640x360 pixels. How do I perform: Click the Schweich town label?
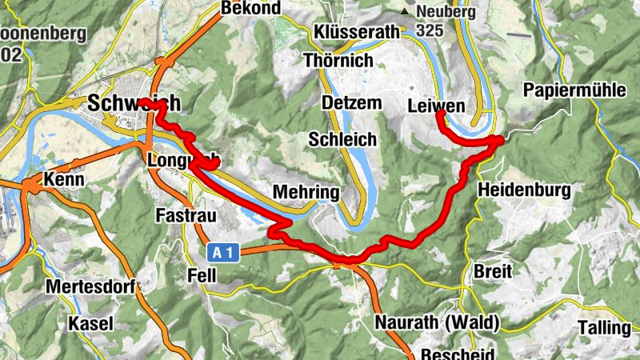click(134, 103)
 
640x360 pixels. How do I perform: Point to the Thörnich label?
click(338, 60)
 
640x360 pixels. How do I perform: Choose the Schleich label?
click(342, 139)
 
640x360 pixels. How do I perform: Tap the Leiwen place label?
click(436, 106)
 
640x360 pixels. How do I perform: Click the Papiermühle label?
click(574, 90)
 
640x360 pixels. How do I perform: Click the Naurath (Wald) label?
click(437, 323)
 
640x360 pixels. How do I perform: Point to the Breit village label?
click(493, 271)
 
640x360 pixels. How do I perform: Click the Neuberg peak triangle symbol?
click(406, 13)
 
